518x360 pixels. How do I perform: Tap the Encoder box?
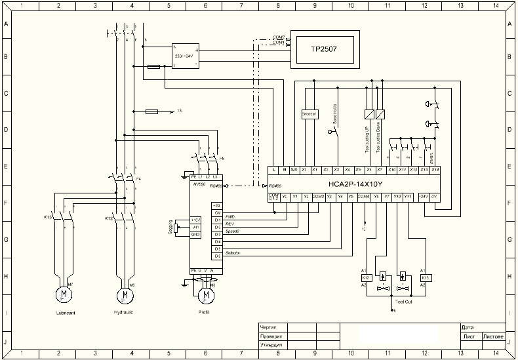coord(309,113)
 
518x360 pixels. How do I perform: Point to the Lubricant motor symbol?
coord(64,294)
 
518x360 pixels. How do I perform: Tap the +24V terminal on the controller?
coord(423,196)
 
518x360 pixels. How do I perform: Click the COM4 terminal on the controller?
coord(364,196)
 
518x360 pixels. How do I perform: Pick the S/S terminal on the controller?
coord(295,169)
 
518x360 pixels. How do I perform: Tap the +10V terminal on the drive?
coord(195,220)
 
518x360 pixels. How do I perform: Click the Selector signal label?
coord(233,252)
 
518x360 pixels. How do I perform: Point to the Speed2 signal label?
coord(232,231)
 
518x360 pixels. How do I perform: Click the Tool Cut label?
coord(403,302)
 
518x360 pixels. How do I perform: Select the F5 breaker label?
coord(222,159)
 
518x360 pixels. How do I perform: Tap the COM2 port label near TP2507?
coord(278,37)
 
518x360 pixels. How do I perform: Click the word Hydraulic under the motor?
coord(123,313)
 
